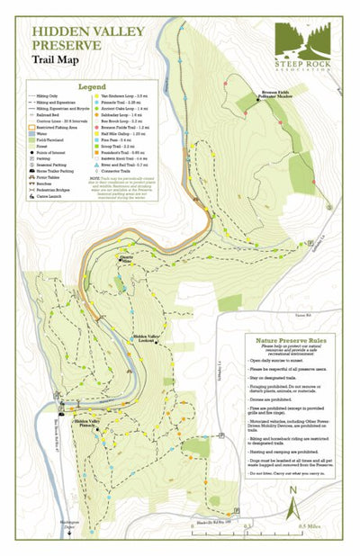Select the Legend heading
[92, 87]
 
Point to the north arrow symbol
[293, 505]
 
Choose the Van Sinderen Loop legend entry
[121, 95]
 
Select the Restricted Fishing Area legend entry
[56, 129]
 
